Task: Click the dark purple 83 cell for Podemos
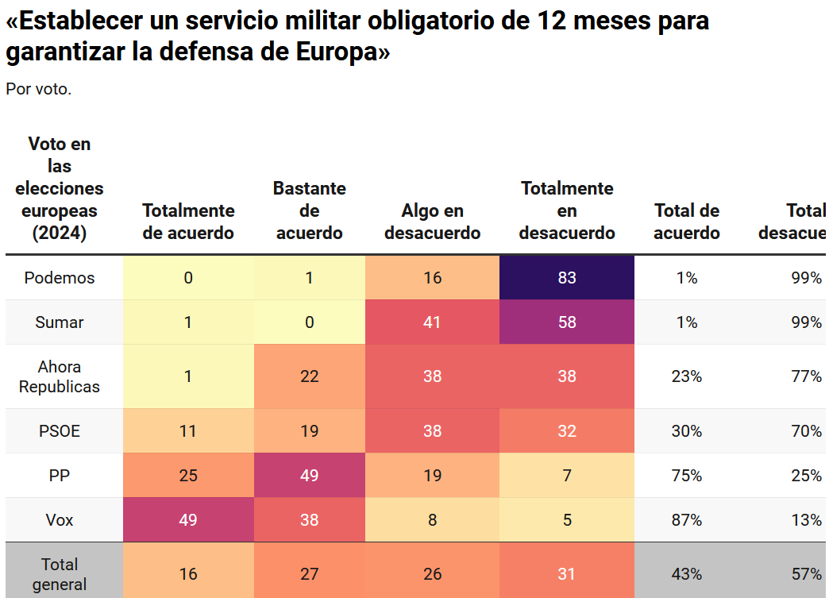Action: point(566,278)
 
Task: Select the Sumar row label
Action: point(60,322)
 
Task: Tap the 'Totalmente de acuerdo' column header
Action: point(188,222)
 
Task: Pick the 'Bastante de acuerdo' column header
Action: point(309,210)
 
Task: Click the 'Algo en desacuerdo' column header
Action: point(432,222)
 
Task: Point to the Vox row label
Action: point(60,520)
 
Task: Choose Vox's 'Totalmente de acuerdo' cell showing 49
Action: point(188,520)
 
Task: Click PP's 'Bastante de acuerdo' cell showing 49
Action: point(309,476)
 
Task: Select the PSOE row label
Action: point(60,431)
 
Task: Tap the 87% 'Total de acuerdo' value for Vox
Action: point(686,520)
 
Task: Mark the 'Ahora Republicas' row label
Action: point(60,376)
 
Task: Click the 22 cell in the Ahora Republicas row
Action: point(309,376)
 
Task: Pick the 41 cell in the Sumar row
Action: point(432,322)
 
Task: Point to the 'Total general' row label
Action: point(60,573)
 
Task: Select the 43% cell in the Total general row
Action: point(686,573)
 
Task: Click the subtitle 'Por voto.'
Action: point(39,89)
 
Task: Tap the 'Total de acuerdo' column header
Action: point(686,222)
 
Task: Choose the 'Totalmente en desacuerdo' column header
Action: point(566,210)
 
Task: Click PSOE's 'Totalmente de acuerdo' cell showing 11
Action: point(188,431)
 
